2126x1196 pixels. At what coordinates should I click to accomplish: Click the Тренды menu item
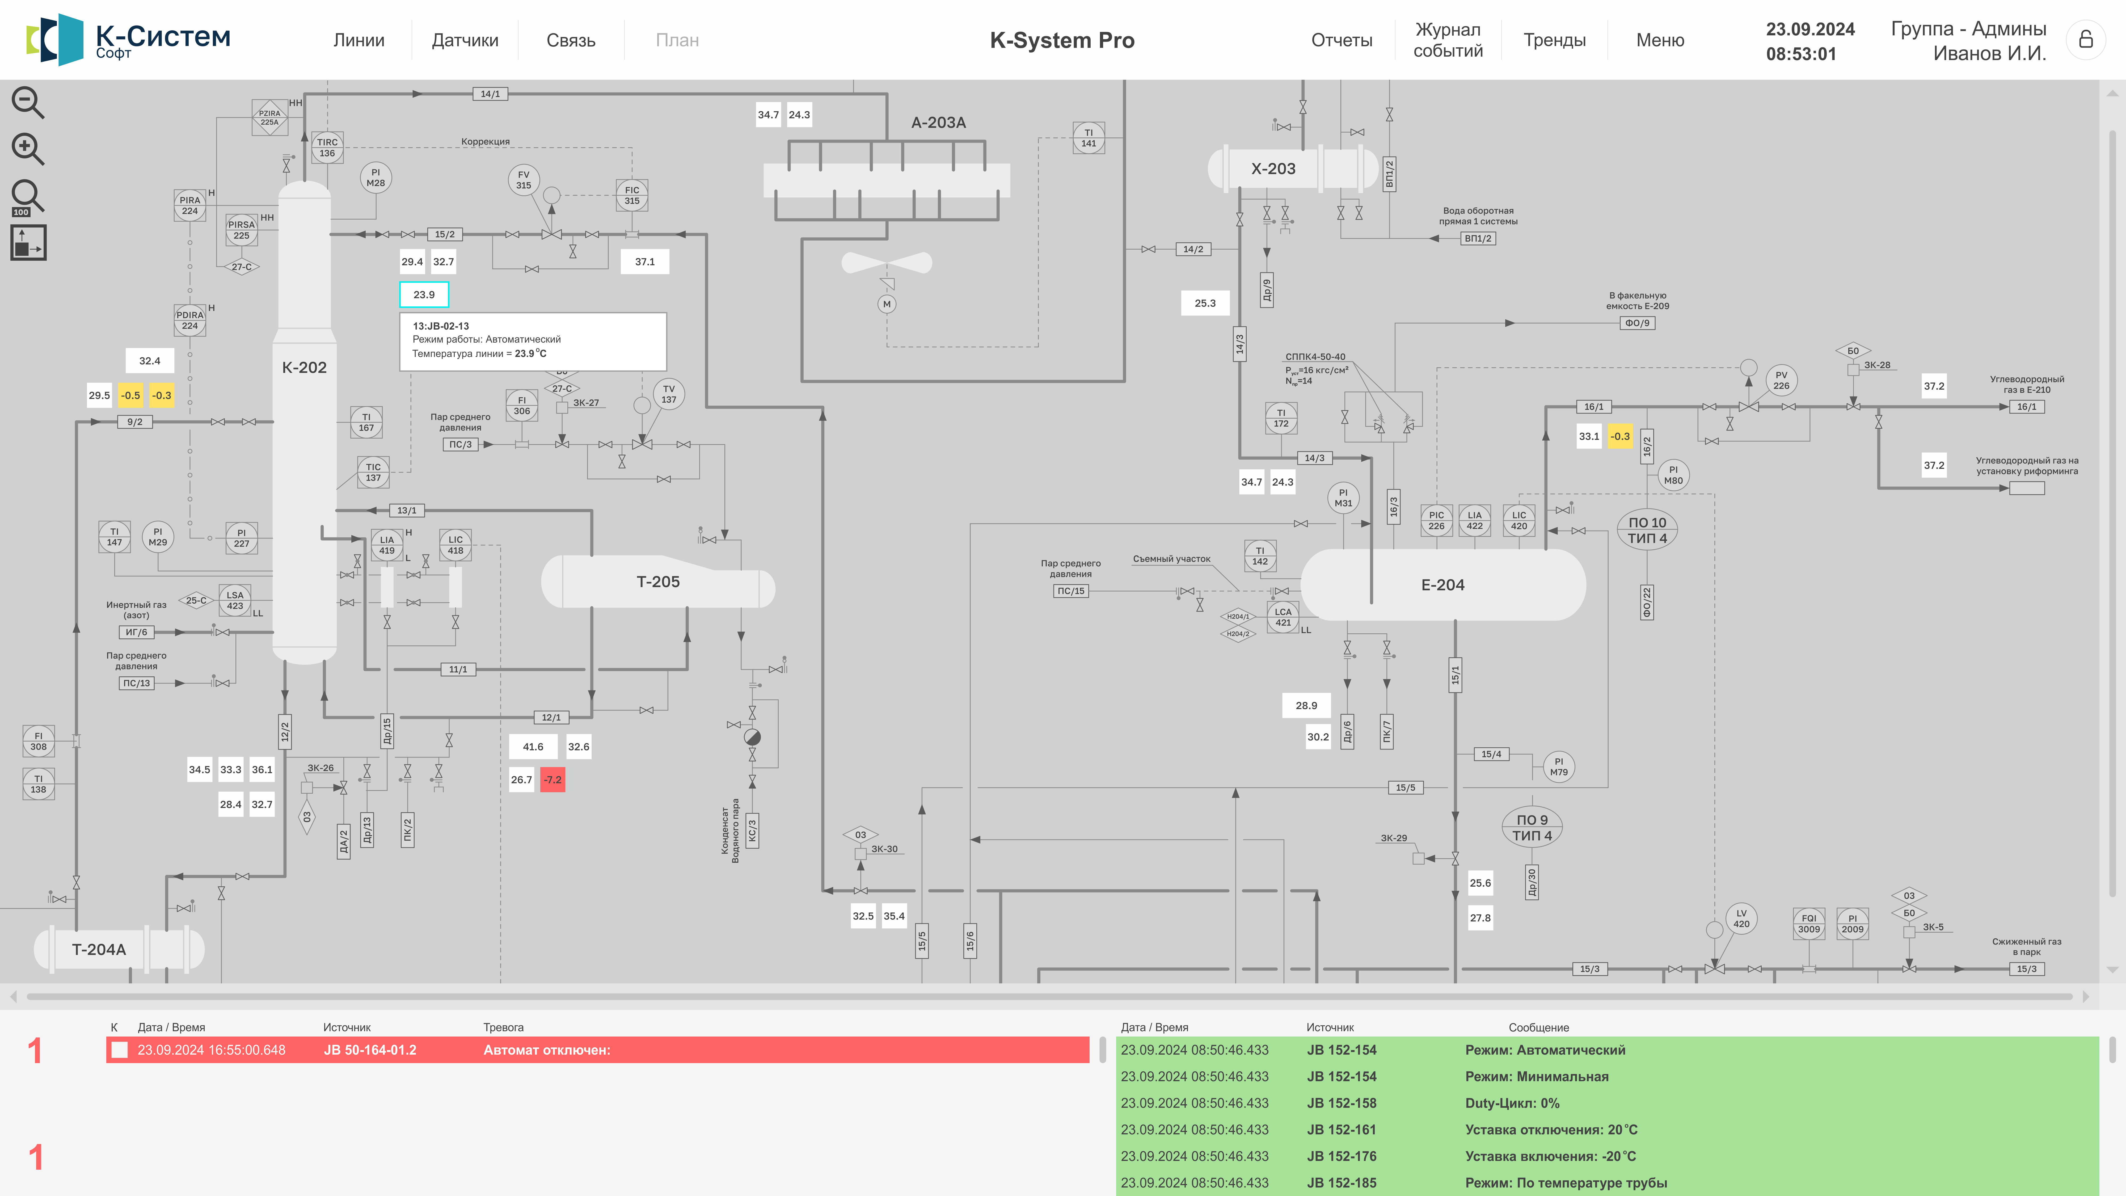point(1554,40)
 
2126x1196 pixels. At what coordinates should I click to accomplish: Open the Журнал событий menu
point(1448,40)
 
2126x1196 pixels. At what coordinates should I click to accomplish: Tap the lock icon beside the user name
point(2086,40)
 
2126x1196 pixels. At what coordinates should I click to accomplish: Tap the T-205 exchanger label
point(658,582)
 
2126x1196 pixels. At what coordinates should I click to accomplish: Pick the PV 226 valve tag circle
point(1781,381)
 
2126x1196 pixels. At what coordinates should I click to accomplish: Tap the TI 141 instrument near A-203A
point(1089,138)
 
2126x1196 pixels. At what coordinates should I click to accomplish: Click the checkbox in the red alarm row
point(120,1050)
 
